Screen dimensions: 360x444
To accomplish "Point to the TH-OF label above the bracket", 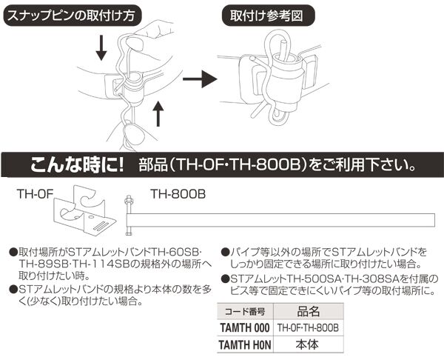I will point(33,196).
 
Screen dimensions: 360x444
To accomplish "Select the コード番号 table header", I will point(247,312).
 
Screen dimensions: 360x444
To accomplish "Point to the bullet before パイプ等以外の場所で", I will point(225,253).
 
